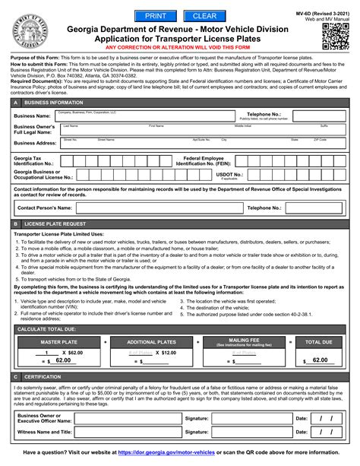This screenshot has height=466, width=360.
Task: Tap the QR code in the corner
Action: [333, 33]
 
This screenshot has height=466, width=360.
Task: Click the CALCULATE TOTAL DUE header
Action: [54, 329]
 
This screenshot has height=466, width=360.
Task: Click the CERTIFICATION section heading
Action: [45, 376]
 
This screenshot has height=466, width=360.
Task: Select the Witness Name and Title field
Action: [126, 430]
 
